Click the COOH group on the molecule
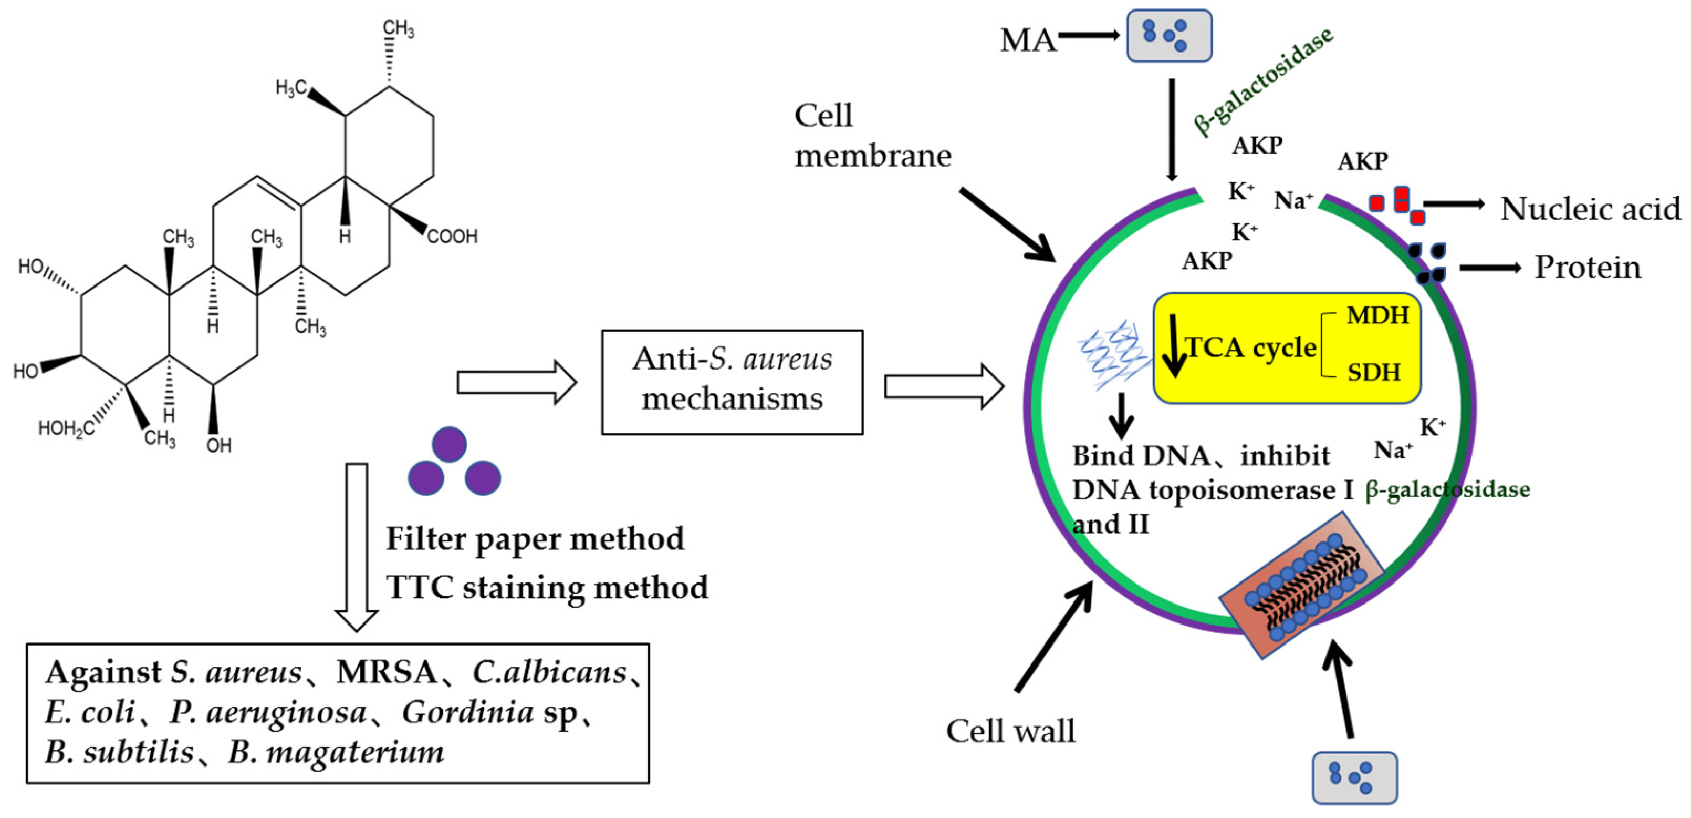coord(452,237)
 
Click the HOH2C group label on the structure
coord(66,429)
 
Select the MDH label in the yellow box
coord(1377,316)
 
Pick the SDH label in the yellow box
coord(1374,373)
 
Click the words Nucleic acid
coord(1590,209)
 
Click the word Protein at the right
coord(1586,268)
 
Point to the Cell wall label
coord(1010,731)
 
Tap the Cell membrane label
coord(872,136)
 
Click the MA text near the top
coord(1027,40)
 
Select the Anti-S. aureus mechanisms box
coord(732,382)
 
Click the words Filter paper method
coord(535,539)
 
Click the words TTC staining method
coord(547,587)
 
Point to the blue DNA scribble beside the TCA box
coord(1113,355)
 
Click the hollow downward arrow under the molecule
coord(357,545)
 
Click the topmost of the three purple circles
coord(449,444)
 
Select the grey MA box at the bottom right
coord(1354,778)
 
